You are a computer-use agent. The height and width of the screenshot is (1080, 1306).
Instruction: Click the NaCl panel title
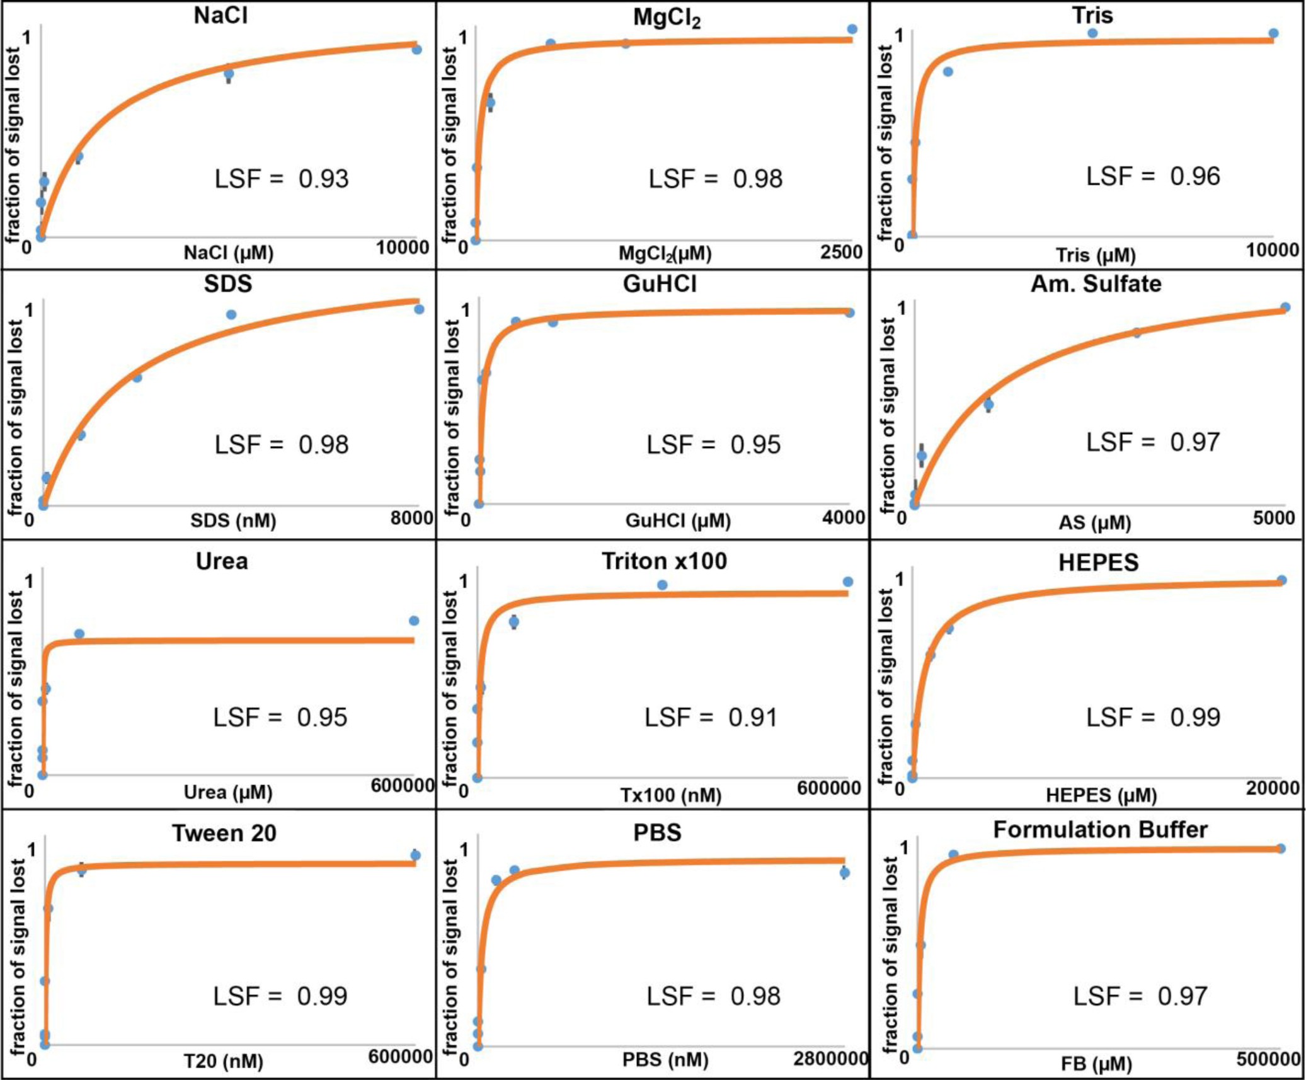pyautogui.click(x=221, y=15)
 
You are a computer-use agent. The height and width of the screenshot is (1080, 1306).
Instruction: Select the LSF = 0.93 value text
pyautogui.click(x=281, y=178)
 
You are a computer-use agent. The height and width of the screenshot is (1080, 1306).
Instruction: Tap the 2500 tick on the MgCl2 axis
pyautogui.click(x=840, y=252)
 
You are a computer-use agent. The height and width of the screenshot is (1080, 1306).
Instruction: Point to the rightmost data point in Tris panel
pyautogui.click(x=1273, y=33)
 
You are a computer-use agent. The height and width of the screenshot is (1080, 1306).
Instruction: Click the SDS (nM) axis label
pyautogui.click(x=233, y=520)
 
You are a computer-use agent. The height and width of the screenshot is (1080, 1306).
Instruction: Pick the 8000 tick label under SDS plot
pyautogui.click(x=412, y=518)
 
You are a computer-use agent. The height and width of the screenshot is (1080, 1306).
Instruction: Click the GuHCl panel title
pyautogui.click(x=660, y=284)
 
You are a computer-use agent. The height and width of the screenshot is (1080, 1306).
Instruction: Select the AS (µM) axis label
pyautogui.click(x=1095, y=522)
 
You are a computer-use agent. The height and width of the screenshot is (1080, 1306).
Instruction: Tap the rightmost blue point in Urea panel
pyautogui.click(x=414, y=621)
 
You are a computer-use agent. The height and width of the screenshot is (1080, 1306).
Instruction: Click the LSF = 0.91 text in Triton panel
pyautogui.click(x=710, y=717)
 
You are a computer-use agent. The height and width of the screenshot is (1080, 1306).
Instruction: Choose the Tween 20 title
pyautogui.click(x=224, y=833)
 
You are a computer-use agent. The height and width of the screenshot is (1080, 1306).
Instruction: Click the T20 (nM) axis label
pyautogui.click(x=224, y=1061)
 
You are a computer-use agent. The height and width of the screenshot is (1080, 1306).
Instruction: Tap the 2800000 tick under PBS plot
pyautogui.click(x=830, y=1059)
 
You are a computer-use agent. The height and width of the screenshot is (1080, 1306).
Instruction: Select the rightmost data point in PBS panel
pyautogui.click(x=845, y=873)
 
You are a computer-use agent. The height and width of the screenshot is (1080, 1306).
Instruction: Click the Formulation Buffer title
pyautogui.click(x=1100, y=829)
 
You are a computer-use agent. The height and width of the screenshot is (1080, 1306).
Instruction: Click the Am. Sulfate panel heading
pyautogui.click(x=1096, y=284)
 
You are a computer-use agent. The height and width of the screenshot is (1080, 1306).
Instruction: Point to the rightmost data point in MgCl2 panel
pyautogui.click(x=852, y=29)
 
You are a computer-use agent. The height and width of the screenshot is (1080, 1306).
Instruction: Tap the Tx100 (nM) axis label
pyautogui.click(x=670, y=795)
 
